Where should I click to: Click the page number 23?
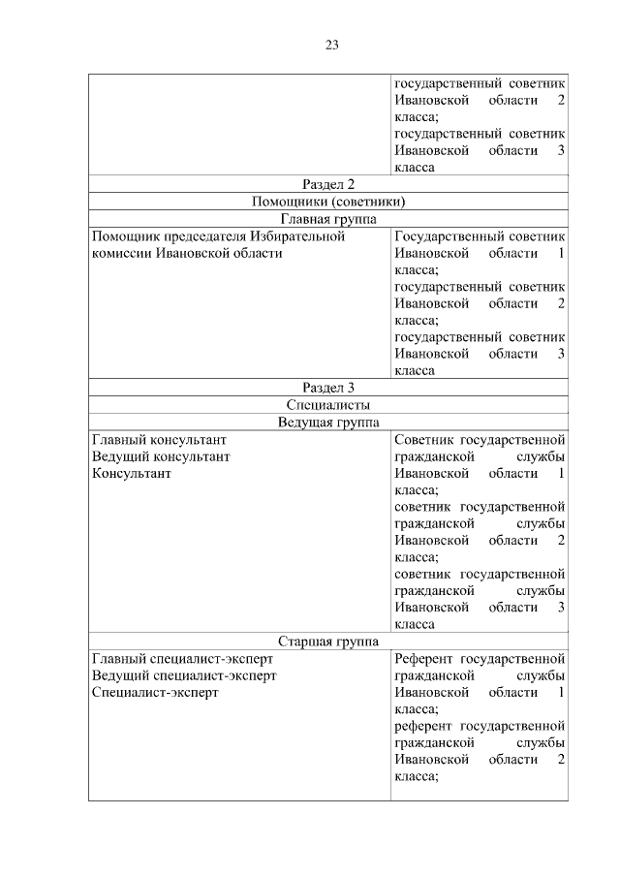click(x=330, y=45)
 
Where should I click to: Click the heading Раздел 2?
click(x=327, y=184)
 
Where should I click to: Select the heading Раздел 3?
click(x=327, y=388)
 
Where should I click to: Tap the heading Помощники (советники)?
click(x=327, y=202)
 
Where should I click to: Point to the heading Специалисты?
click(x=327, y=405)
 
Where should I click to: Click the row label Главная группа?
click(x=327, y=219)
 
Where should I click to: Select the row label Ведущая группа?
click(x=327, y=423)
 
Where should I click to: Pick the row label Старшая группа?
click(x=327, y=642)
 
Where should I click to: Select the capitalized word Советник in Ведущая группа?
click(x=422, y=440)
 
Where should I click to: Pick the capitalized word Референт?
click(x=424, y=659)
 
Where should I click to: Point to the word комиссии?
click(x=121, y=253)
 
